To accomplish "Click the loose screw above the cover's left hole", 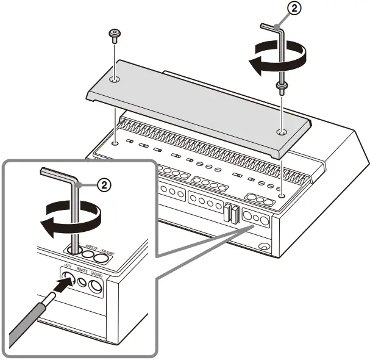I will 114,35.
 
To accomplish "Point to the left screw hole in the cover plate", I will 115,80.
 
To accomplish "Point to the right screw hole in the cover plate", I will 280,131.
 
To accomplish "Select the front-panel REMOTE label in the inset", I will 82,268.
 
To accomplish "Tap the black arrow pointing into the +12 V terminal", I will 59,284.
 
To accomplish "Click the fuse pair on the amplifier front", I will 230,213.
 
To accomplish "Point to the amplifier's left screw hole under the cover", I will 115,145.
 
